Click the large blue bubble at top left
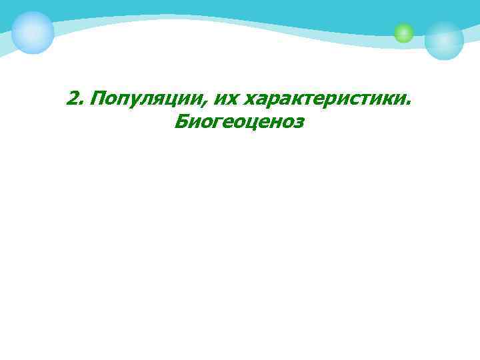33,32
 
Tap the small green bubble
403,33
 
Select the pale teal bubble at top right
444,40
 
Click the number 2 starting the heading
73,99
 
